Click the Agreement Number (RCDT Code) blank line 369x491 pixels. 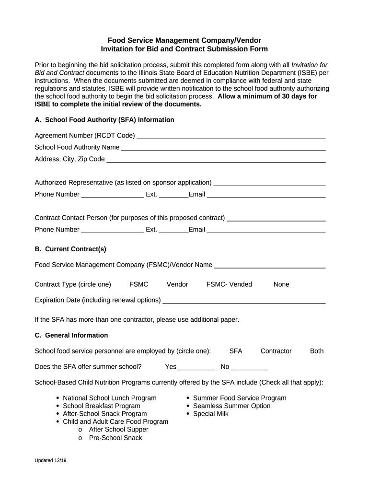[x=231, y=136]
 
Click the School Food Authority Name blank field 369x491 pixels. [x=223, y=148]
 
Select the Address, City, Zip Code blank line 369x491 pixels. [x=216, y=159]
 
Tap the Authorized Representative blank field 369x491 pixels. [x=269, y=183]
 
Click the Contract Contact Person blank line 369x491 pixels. [x=276, y=218]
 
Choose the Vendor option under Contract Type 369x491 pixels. [x=177, y=284]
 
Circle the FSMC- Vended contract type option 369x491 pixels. [x=229, y=284]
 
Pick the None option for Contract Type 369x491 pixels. [x=281, y=284]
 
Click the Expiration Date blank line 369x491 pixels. [x=244, y=301]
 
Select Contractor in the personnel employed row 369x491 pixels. [x=276, y=351]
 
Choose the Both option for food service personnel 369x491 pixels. [x=317, y=351]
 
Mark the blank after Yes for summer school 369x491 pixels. [x=196, y=368]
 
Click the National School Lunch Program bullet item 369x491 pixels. [x=110, y=398]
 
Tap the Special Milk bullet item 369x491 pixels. [x=211, y=414]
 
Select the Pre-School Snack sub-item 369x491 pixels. [x=115, y=438]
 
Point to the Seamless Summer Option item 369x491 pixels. [x=231, y=406]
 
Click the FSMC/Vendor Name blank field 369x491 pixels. [x=270, y=265]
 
